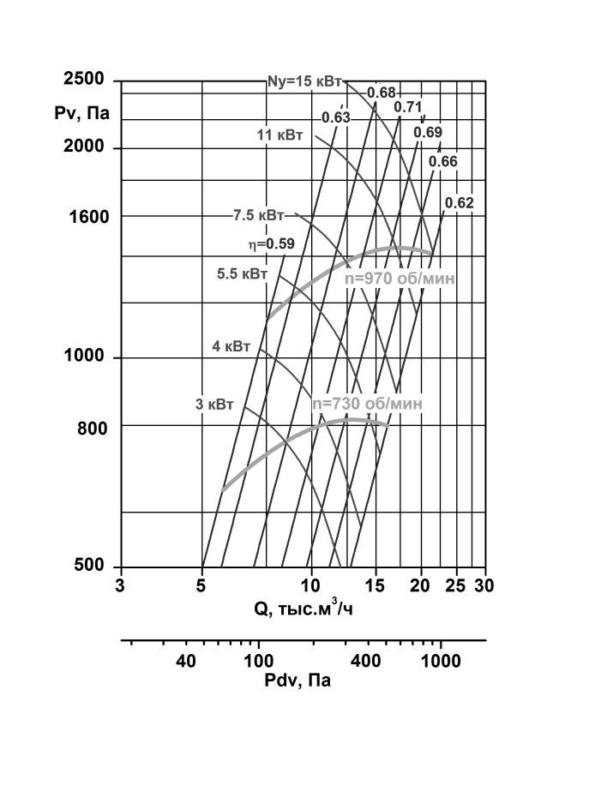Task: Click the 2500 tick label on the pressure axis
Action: click(84, 79)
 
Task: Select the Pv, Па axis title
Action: click(82, 112)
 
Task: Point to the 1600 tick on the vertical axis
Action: click(89, 217)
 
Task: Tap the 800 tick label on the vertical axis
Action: click(93, 429)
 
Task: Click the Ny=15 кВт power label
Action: click(304, 81)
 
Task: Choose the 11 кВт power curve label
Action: click(280, 135)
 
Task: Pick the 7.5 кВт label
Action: click(258, 215)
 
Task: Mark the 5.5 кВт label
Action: click(243, 273)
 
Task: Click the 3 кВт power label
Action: click(214, 404)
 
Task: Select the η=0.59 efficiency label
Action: click(271, 243)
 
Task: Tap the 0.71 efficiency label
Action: click(408, 107)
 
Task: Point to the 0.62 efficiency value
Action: click(460, 203)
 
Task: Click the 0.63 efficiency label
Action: click(336, 117)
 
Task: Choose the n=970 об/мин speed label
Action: click(400, 279)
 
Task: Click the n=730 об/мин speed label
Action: click(367, 404)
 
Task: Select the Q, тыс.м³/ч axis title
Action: click(303, 608)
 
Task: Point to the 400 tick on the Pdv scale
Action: click(366, 661)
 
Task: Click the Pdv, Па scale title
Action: click(297, 681)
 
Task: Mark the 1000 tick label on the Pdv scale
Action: click(441, 661)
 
